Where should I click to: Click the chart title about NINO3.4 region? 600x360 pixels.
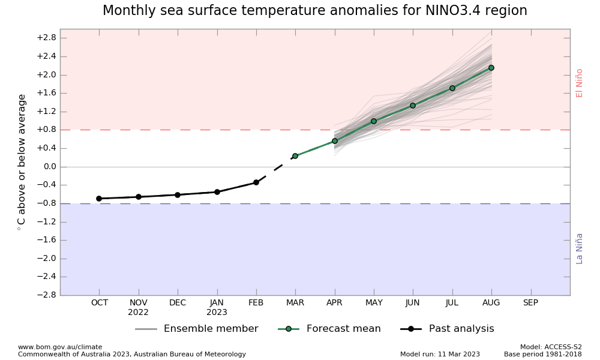tap(314, 11)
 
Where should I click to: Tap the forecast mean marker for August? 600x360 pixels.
tap(491, 68)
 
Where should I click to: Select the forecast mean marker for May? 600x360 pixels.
tap(374, 121)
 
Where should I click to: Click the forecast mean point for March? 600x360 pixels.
tap(295, 156)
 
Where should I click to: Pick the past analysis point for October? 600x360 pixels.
tap(99, 199)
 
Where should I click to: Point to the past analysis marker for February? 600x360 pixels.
tap(256, 182)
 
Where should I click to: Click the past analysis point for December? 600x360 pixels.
tap(178, 195)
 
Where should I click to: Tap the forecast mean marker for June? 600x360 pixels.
tap(413, 106)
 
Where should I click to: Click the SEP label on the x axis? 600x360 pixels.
tap(530, 303)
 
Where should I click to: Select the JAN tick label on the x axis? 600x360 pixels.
tap(217, 303)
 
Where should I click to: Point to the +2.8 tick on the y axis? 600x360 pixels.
tap(46, 38)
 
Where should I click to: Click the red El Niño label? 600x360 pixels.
tap(579, 83)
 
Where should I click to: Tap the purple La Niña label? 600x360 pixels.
tap(579, 248)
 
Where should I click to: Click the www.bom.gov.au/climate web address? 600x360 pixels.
tap(60, 347)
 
